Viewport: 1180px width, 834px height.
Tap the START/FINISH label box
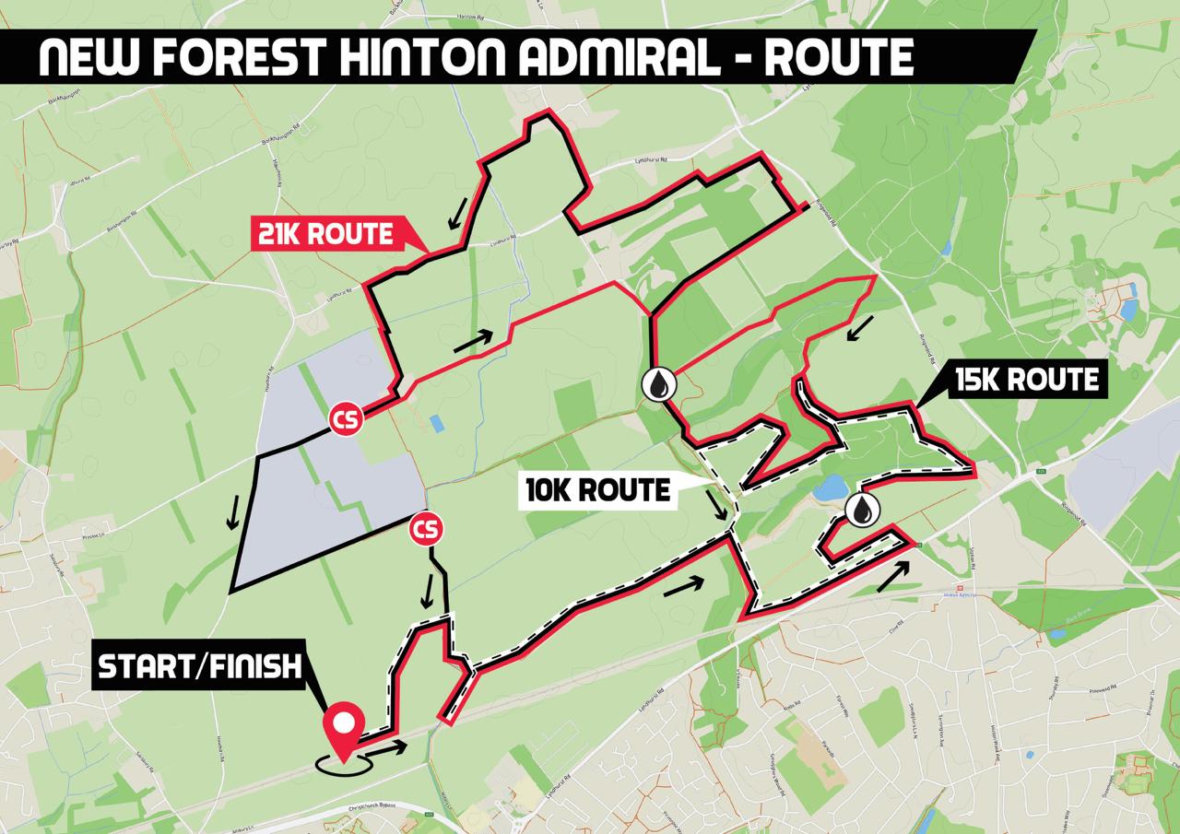pyautogui.click(x=200, y=666)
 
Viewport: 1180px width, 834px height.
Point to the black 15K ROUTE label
pyautogui.click(x=1026, y=380)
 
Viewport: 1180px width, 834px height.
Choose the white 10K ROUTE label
pyautogui.click(x=597, y=490)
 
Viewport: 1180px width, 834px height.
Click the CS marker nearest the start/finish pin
pyautogui.click(x=426, y=530)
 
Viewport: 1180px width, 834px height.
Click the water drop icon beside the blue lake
pyautogui.click(x=861, y=510)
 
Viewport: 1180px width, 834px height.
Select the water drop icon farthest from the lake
pyautogui.click(x=660, y=386)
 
